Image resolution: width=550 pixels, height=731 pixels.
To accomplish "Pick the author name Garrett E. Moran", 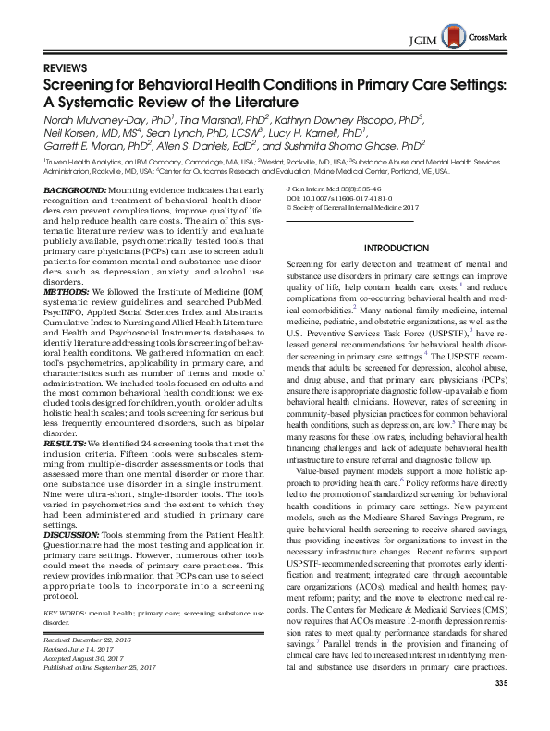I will coord(90,145).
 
